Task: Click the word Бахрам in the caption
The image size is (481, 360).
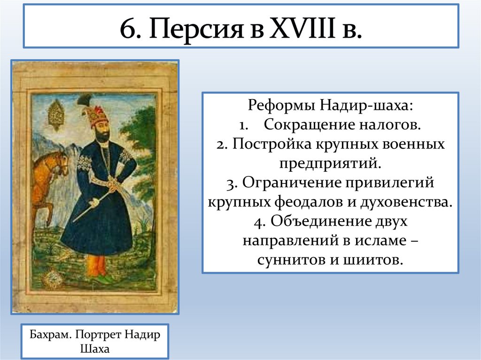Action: click(x=50, y=336)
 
